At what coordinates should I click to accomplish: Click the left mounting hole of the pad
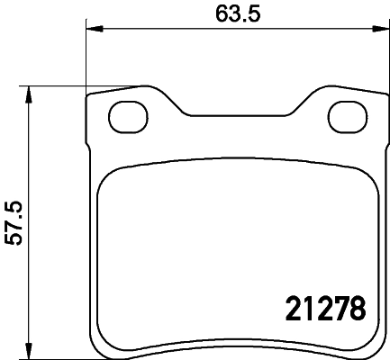126,115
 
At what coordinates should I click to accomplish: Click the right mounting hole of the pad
347,115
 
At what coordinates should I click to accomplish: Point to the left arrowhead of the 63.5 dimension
92,31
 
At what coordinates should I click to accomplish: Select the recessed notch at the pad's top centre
237,115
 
